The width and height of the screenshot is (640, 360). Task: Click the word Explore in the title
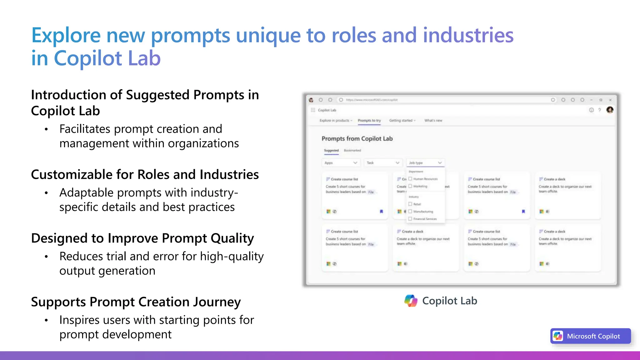pyautogui.click(x=66, y=35)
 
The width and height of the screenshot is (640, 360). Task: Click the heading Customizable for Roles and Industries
pyautogui.click(x=145, y=174)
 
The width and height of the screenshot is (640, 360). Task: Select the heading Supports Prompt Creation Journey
pyautogui.click(x=136, y=302)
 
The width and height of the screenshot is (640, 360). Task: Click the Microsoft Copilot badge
pyautogui.click(x=590, y=336)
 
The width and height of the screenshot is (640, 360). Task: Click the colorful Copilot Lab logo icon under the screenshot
pyautogui.click(x=411, y=301)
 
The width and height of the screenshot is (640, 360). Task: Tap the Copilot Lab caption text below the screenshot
pyautogui.click(x=449, y=301)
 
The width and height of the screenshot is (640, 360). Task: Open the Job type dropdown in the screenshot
pyautogui.click(x=425, y=163)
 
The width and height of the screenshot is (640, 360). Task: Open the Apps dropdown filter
pyautogui.click(x=341, y=163)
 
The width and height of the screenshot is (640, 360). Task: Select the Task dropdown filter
pyautogui.click(x=383, y=163)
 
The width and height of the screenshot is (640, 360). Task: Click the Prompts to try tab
pyautogui.click(x=369, y=121)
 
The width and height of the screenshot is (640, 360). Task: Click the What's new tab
pyautogui.click(x=433, y=121)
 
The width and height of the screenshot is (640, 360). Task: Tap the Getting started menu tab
pyautogui.click(x=402, y=121)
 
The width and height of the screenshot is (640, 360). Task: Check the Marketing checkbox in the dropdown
pyautogui.click(x=410, y=186)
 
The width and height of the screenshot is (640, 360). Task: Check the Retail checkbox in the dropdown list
pyautogui.click(x=410, y=204)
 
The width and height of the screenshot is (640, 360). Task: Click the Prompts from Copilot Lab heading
pyautogui.click(x=357, y=139)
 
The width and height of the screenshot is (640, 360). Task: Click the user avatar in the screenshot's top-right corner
pyautogui.click(x=610, y=110)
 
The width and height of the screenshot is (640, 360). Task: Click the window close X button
pyautogui.click(x=610, y=100)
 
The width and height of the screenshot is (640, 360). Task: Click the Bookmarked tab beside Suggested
pyautogui.click(x=352, y=151)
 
